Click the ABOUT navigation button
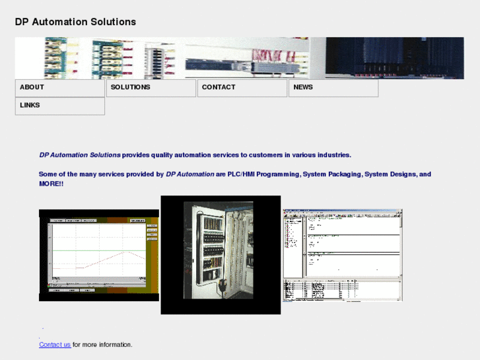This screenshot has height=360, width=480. point(59,88)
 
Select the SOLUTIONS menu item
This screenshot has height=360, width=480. point(151,88)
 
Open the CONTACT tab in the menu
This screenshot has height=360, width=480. point(242,88)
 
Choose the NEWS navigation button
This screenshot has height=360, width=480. point(333,88)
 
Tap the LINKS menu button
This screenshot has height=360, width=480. point(59,106)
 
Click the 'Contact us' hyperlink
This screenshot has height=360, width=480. point(55,345)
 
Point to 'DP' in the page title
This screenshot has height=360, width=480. point(22,22)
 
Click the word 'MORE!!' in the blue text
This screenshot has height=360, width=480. point(51,184)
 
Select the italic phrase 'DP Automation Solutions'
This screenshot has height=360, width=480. point(80,155)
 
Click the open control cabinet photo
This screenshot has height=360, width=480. point(220,254)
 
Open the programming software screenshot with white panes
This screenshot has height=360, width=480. point(342,255)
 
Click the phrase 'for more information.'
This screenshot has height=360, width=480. point(102,345)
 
